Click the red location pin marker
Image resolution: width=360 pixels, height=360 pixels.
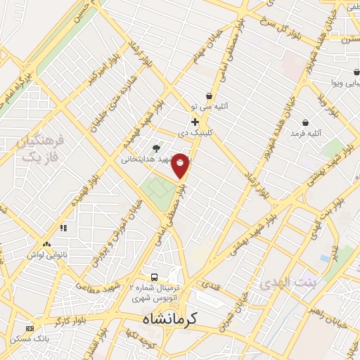tap(181, 165)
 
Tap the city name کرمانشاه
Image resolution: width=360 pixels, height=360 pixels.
tap(166, 319)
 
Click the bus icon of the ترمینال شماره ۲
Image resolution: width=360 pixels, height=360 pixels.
tap(155, 276)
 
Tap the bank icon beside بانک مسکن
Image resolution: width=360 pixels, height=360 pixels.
tap(30, 328)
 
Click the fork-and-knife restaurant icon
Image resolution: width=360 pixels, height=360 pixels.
tap(63, 228)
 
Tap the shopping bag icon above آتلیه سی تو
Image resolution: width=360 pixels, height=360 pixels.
tap(208, 96)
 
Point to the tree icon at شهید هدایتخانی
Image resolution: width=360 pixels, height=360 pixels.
tap(155, 148)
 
